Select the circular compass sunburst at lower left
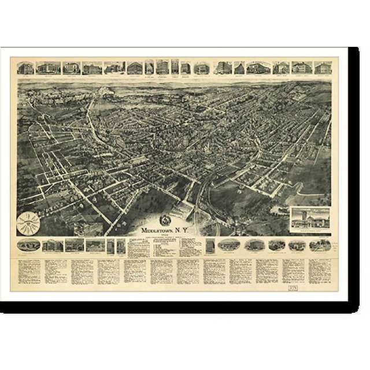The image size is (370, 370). point(29,221)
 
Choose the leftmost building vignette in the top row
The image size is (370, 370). point(26,68)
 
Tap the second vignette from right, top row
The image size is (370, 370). point(301,68)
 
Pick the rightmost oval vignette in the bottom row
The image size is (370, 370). point(320,245)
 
